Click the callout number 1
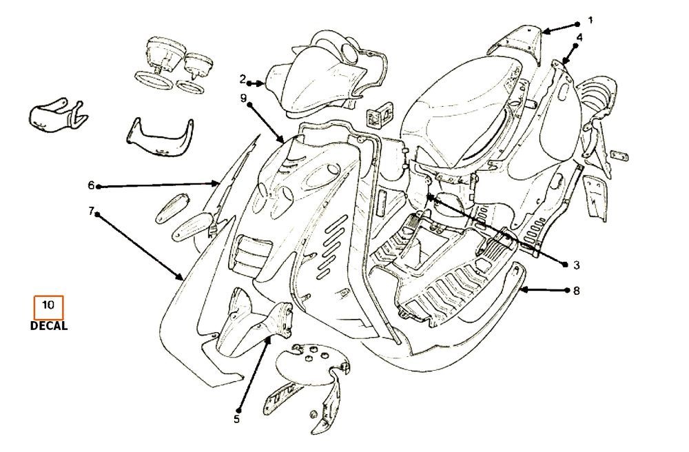pyautogui.click(x=590, y=19)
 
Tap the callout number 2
pyautogui.click(x=243, y=78)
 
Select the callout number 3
pyautogui.click(x=576, y=265)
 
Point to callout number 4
pyautogui.click(x=579, y=37)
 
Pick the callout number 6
pyautogui.click(x=91, y=185)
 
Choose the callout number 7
pyautogui.click(x=91, y=210)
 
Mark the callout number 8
pyautogui.click(x=576, y=291)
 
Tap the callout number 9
pyautogui.click(x=243, y=99)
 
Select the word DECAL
pyautogui.click(x=49, y=327)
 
